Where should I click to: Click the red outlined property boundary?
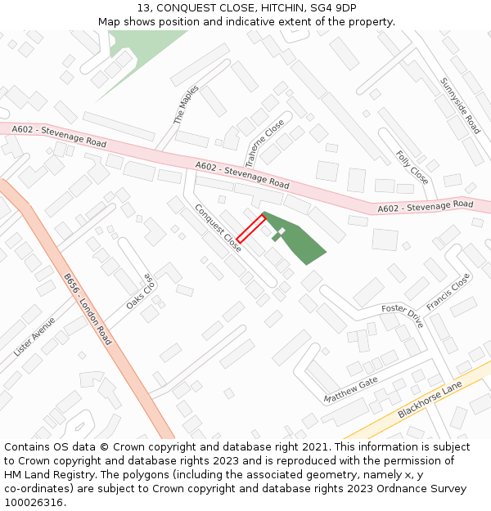250,228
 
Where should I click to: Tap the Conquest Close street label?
218,227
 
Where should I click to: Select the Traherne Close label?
264,138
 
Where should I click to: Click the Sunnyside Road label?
460,105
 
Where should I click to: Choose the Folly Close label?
412,167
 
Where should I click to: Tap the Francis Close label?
448,293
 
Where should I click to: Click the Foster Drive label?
402,315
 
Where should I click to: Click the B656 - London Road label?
88,309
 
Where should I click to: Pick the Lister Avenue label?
34,336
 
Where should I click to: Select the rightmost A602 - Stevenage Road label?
426,207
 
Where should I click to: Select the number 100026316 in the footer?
33,502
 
